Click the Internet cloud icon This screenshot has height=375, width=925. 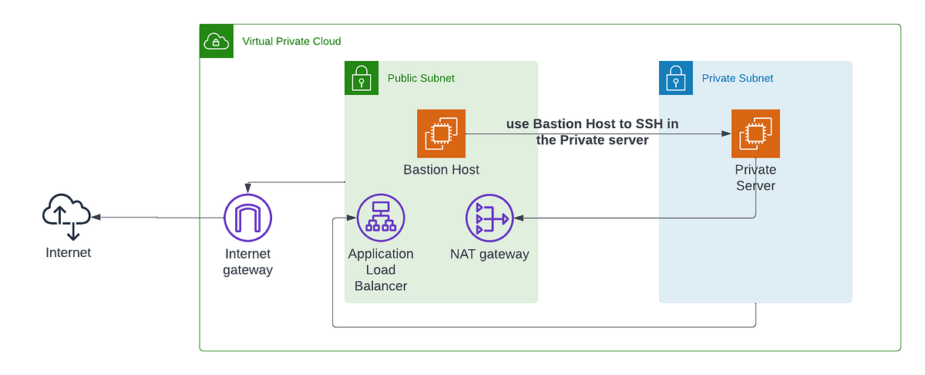click(x=66, y=216)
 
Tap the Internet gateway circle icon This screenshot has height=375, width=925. click(x=247, y=218)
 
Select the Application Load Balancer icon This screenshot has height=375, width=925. click(x=381, y=218)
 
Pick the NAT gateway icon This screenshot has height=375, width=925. click(x=489, y=218)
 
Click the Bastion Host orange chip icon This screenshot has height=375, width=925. click(x=441, y=133)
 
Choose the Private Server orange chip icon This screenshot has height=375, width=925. click(x=755, y=133)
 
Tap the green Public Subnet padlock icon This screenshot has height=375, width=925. click(x=362, y=78)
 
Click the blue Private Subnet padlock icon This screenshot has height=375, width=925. click(x=676, y=78)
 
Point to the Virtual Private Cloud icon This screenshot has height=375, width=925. click(x=217, y=42)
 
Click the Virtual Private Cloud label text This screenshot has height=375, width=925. click(x=291, y=42)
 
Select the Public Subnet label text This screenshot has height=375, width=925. click(x=421, y=78)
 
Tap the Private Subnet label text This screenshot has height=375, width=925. click(x=737, y=78)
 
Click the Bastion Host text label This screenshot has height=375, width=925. click(x=441, y=170)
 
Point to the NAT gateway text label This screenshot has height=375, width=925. click(x=489, y=254)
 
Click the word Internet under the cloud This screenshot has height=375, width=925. click(x=68, y=252)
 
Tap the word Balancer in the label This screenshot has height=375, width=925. click(x=381, y=286)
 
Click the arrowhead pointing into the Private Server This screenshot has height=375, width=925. click(x=726, y=133)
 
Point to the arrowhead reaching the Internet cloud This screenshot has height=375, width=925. click(x=96, y=218)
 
